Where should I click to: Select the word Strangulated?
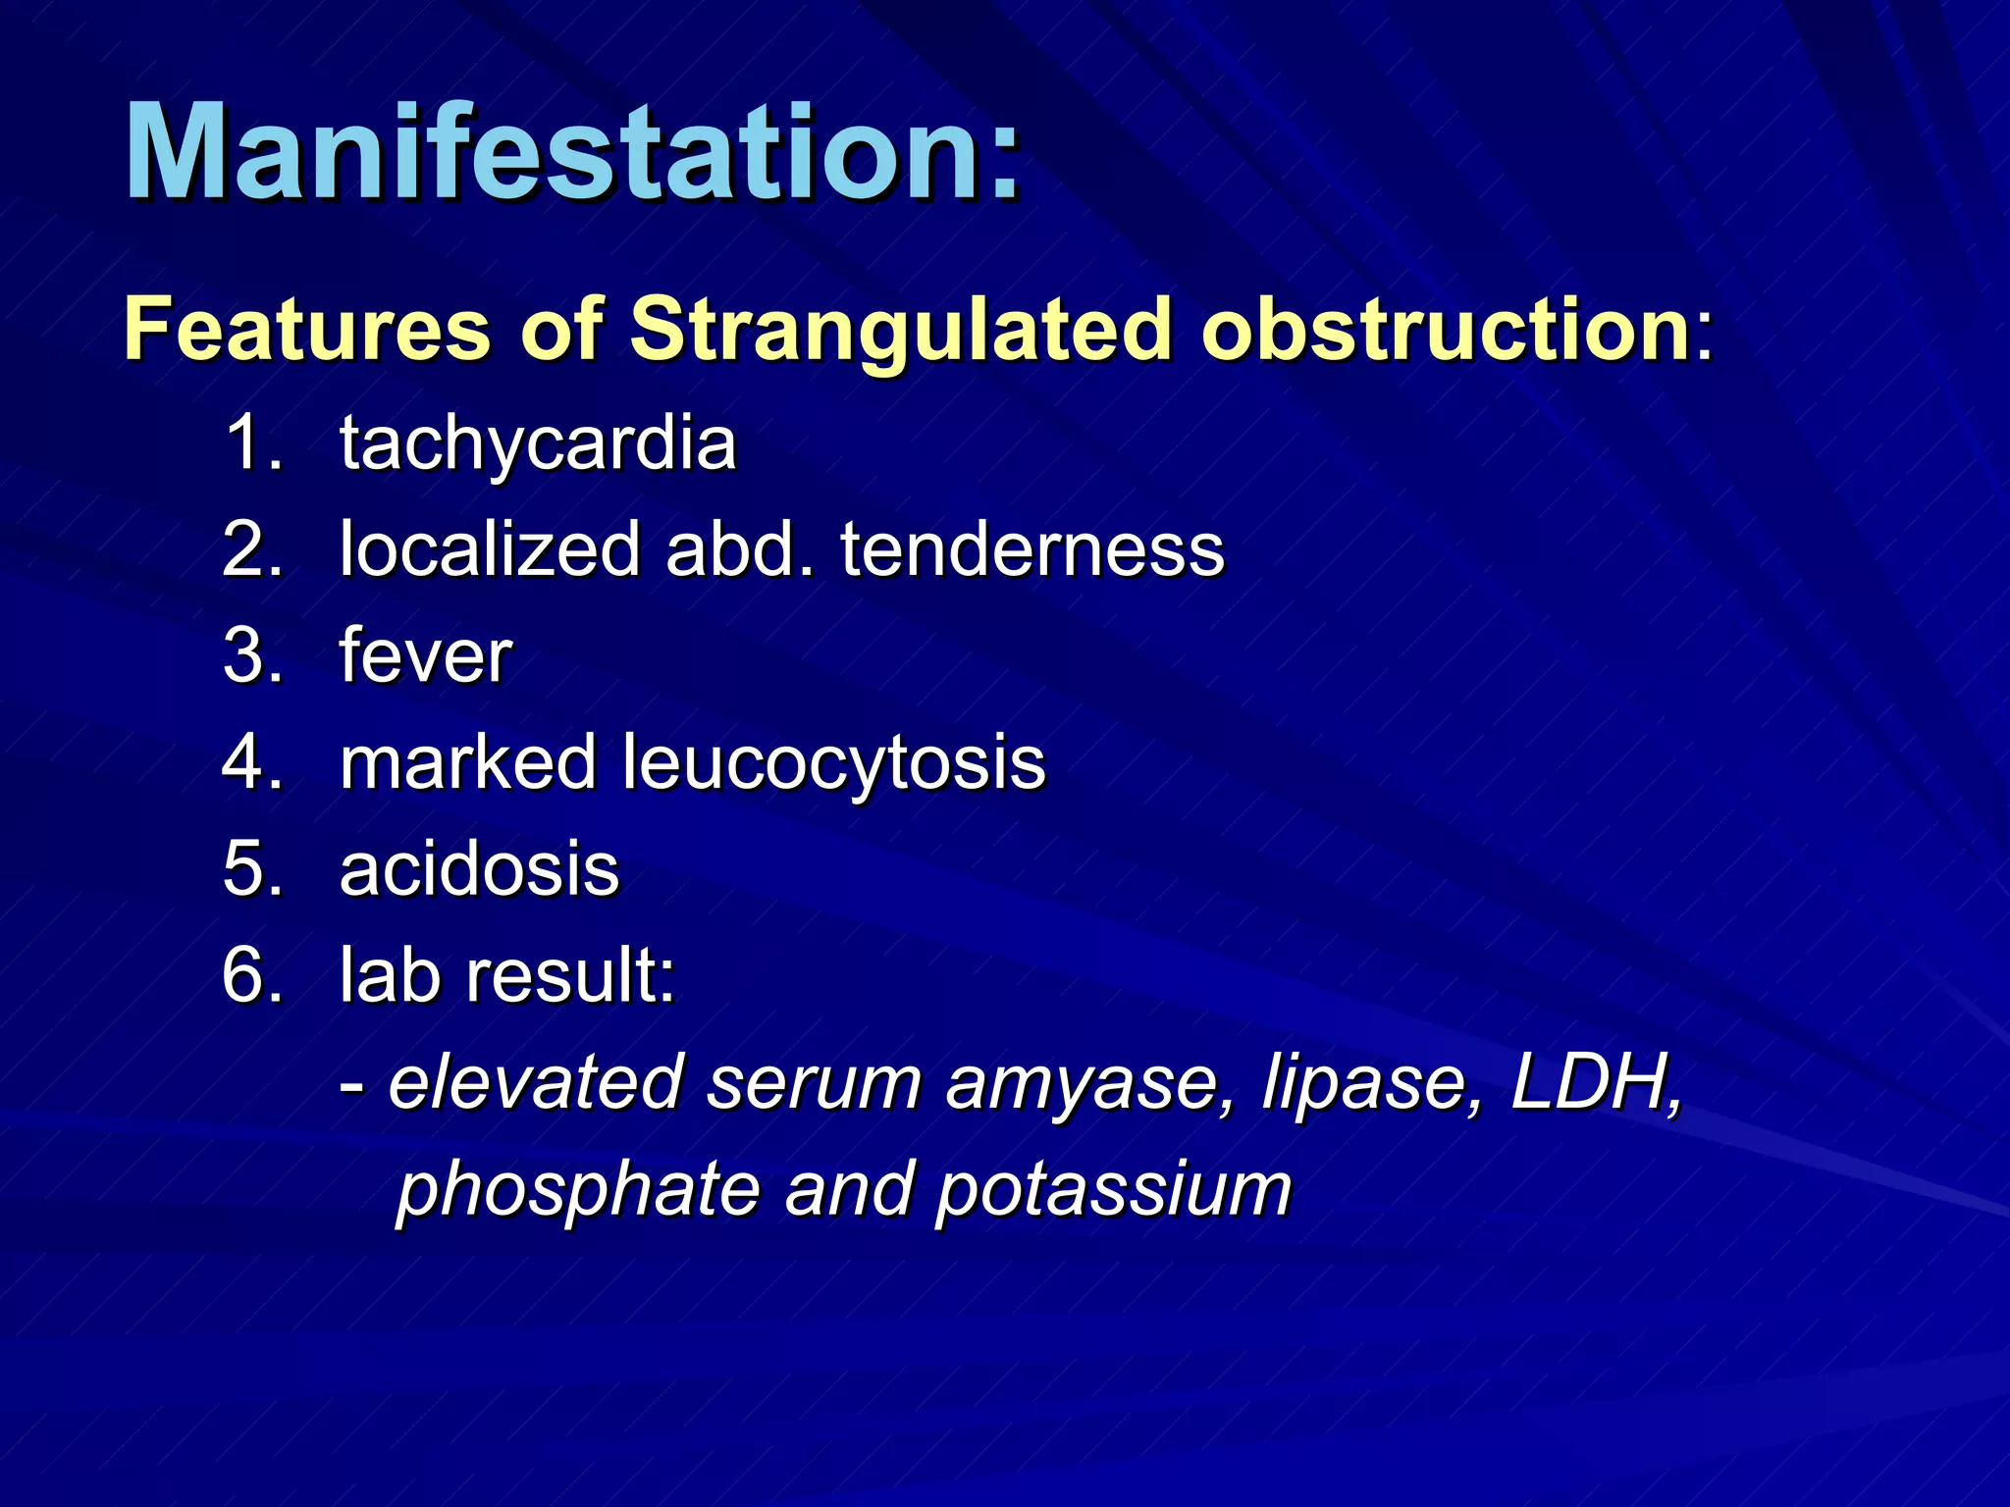(x=900, y=332)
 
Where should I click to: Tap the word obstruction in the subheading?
(x=1444, y=330)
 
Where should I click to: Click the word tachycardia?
(x=537, y=445)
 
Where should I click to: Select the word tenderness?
(x=1031, y=549)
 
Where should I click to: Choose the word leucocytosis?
(x=833, y=764)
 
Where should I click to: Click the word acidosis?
(x=479, y=869)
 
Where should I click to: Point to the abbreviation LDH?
(x=1596, y=1083)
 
